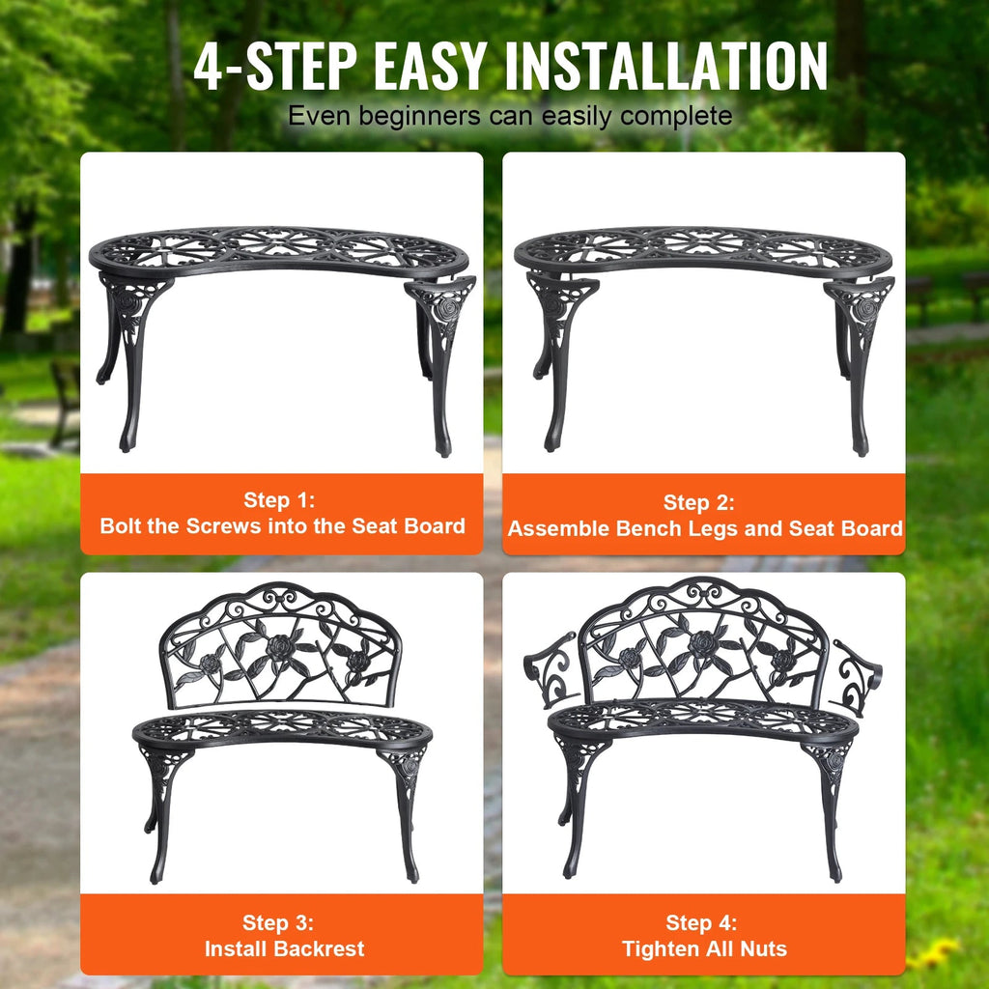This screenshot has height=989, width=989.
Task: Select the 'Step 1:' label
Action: (x=279, y=500)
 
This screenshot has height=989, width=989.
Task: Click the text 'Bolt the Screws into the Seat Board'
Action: (x=282, y=526)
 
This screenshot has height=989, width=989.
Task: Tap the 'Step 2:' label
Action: (x=699, y=502)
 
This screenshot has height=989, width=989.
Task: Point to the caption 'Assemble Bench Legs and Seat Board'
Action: (x=705, y=528)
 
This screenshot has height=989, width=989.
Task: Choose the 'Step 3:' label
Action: (x=279, y=922)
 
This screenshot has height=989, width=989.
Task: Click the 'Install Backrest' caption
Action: (x=284, y=948)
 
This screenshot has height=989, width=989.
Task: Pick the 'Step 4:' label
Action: (x=701, y=923)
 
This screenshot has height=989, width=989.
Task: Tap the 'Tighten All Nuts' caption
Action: (x=704, y=949)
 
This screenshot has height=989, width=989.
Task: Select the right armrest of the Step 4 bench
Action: (x=855, y=676)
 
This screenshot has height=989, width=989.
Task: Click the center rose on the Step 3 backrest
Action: (x=280, y=647)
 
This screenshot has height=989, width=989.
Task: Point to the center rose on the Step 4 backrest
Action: (x=702, y=641)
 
